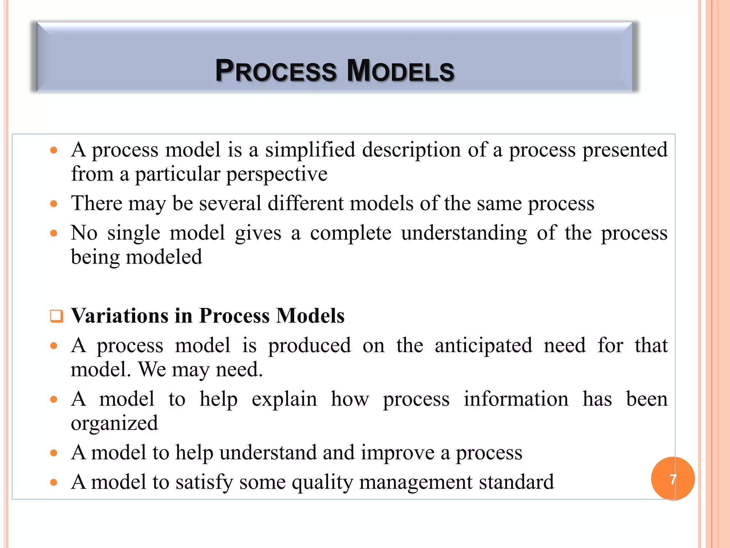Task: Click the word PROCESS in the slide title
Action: pyautogui.click(x=276, y=70)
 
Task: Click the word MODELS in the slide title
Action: pyautogui.click(x=400, y=70)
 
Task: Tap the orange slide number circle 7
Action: pyautogui.click(x=673, y=478)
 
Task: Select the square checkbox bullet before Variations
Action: pyautogui.click(x=56, y=316)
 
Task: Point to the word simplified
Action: pyautogui.click(x=310, y=150)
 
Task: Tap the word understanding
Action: pyautogui.click(x=464, y=234)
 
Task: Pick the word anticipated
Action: pyautogui.click(x=483, y=346)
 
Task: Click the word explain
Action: pyautogui.click(x=284, y=400)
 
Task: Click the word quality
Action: pyautogui.click(x=322, y=482)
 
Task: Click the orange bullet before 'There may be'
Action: pyautogui.click(x=54, y=204)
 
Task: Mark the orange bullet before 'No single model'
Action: pyautogui.click(x=54, y=234)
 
